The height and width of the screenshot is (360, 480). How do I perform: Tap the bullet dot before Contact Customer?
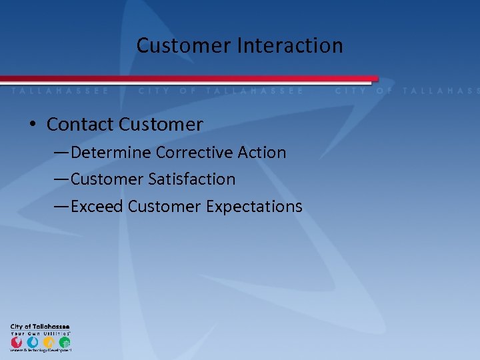pyautogui.click(x=33, y=125)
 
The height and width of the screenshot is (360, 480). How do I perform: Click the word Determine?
pyautogui.click(x=111, y=153)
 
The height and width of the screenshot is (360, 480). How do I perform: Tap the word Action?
pyautogui.click(x=261, y=153)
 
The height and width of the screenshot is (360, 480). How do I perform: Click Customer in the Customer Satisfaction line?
pyautogui.click(x=107, y=179)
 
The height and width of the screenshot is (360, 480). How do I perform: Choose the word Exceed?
pyautogui.click(x=97, y=207)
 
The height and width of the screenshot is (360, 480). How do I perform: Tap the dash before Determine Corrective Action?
pyautogui.click(x=61, y=153)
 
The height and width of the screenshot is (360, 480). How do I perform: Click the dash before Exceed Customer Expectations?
pyautogui.click(x=61, y=207)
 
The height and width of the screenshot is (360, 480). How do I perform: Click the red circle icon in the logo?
pyautogui.click(x=17, y=343)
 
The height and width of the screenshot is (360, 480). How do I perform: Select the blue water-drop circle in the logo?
pyautogui.click(x=33, y=343)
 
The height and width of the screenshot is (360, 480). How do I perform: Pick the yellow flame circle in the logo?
pyautogui.click(x=49, y=343)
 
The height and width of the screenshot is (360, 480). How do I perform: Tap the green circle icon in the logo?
pyautogui.click(x=64, y=343)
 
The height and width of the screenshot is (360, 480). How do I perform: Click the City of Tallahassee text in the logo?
pyautogui.click(x=40, y=327)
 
